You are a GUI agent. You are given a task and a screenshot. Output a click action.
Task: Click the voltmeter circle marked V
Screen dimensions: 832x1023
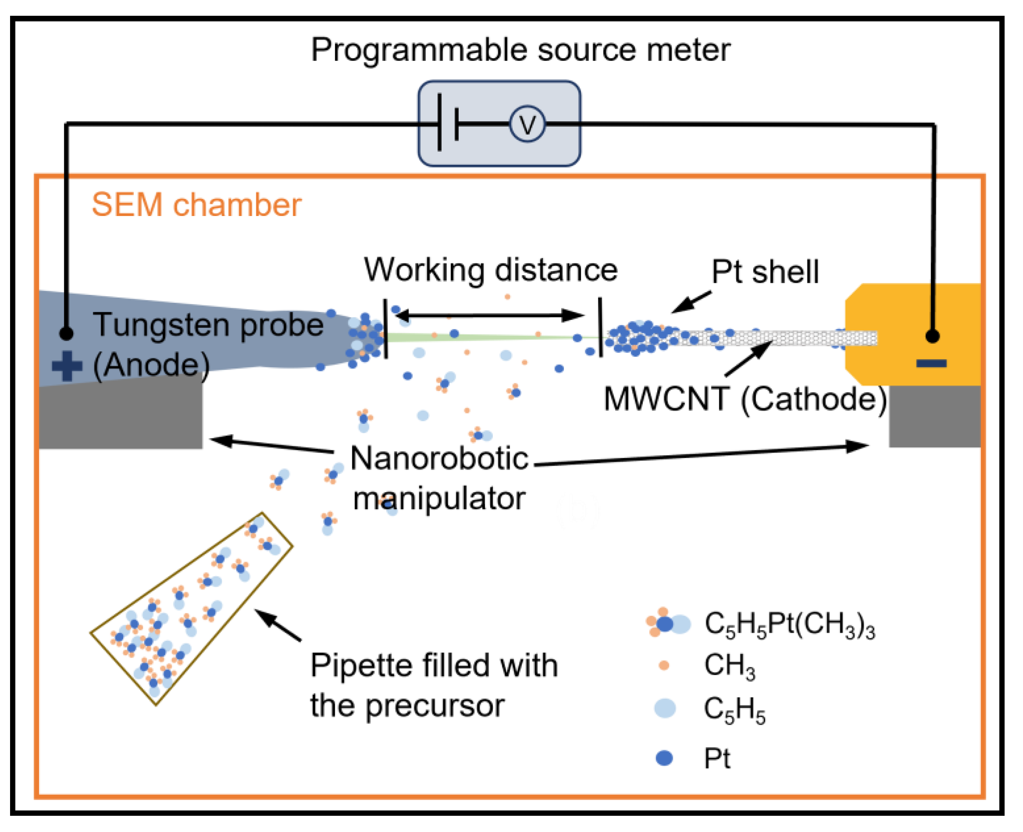tap(527, 124)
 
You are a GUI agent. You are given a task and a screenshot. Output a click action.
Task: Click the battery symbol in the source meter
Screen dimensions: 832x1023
tap(448, 124)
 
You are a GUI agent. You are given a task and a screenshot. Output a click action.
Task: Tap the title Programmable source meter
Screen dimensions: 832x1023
tap(520, 50)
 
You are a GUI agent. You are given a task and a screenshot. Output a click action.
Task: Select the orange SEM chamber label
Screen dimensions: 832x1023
tap(196, 205)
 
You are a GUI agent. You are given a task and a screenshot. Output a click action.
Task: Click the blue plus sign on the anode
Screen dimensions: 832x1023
tap(67, 366)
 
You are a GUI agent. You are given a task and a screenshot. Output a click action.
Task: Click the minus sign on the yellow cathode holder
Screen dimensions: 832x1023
tap(931, 364)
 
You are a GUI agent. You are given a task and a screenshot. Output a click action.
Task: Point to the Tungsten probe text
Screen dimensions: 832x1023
tap(208, 325)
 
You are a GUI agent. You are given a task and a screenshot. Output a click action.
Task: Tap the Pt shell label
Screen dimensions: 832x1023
tap(765, 272)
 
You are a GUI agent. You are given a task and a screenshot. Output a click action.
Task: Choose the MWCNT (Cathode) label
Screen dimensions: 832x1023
tap(745, 399)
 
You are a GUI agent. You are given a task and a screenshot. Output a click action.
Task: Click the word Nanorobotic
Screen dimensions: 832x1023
tap(439, 459)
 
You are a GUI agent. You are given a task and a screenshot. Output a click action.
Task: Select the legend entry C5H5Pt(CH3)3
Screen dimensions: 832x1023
tap(789, 624)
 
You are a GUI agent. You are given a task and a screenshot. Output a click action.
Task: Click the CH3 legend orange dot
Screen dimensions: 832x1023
tap(664, 665)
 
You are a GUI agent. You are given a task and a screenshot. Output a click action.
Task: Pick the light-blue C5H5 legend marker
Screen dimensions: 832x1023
tap(665, 708)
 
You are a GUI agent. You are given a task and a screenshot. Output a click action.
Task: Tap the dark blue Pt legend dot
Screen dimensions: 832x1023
tap(664, 758)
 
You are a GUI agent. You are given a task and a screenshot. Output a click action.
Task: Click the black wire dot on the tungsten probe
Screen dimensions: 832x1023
tap(67, 333)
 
